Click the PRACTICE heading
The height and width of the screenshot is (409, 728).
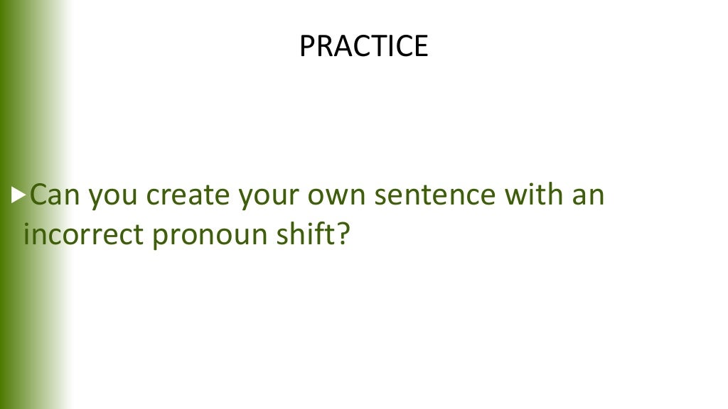point(363,47)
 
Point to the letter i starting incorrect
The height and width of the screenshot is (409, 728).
point(28,234)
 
